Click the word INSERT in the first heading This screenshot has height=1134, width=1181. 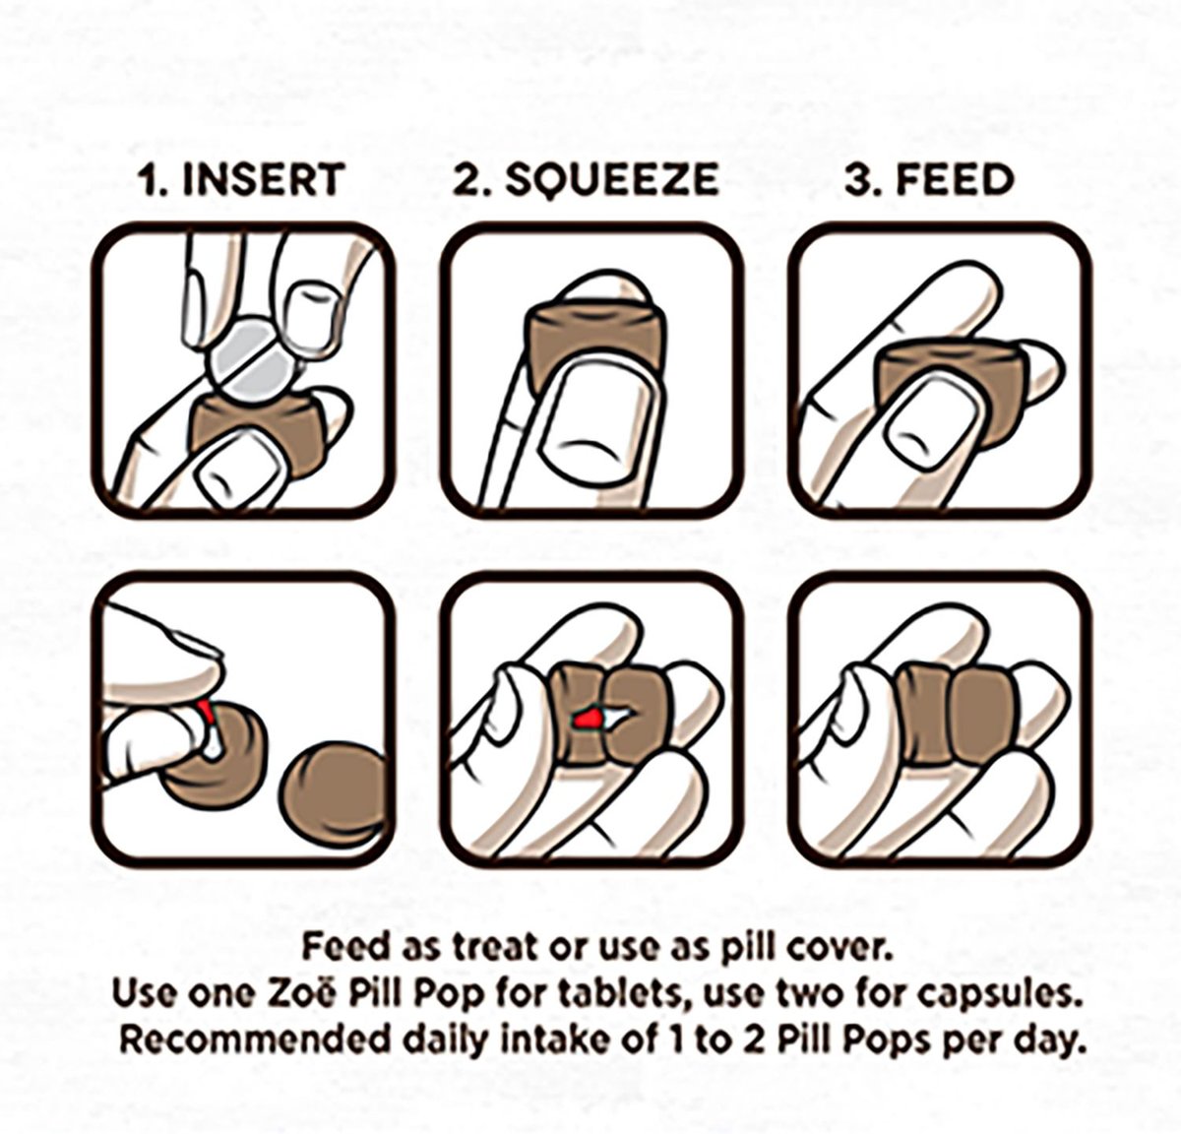pos(265,179)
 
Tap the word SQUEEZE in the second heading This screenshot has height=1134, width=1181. pos(612,180)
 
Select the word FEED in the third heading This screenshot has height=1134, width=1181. pos(955,179)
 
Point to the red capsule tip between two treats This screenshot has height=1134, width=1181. pos(587,720)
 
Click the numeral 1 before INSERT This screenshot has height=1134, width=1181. pos(154,179)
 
